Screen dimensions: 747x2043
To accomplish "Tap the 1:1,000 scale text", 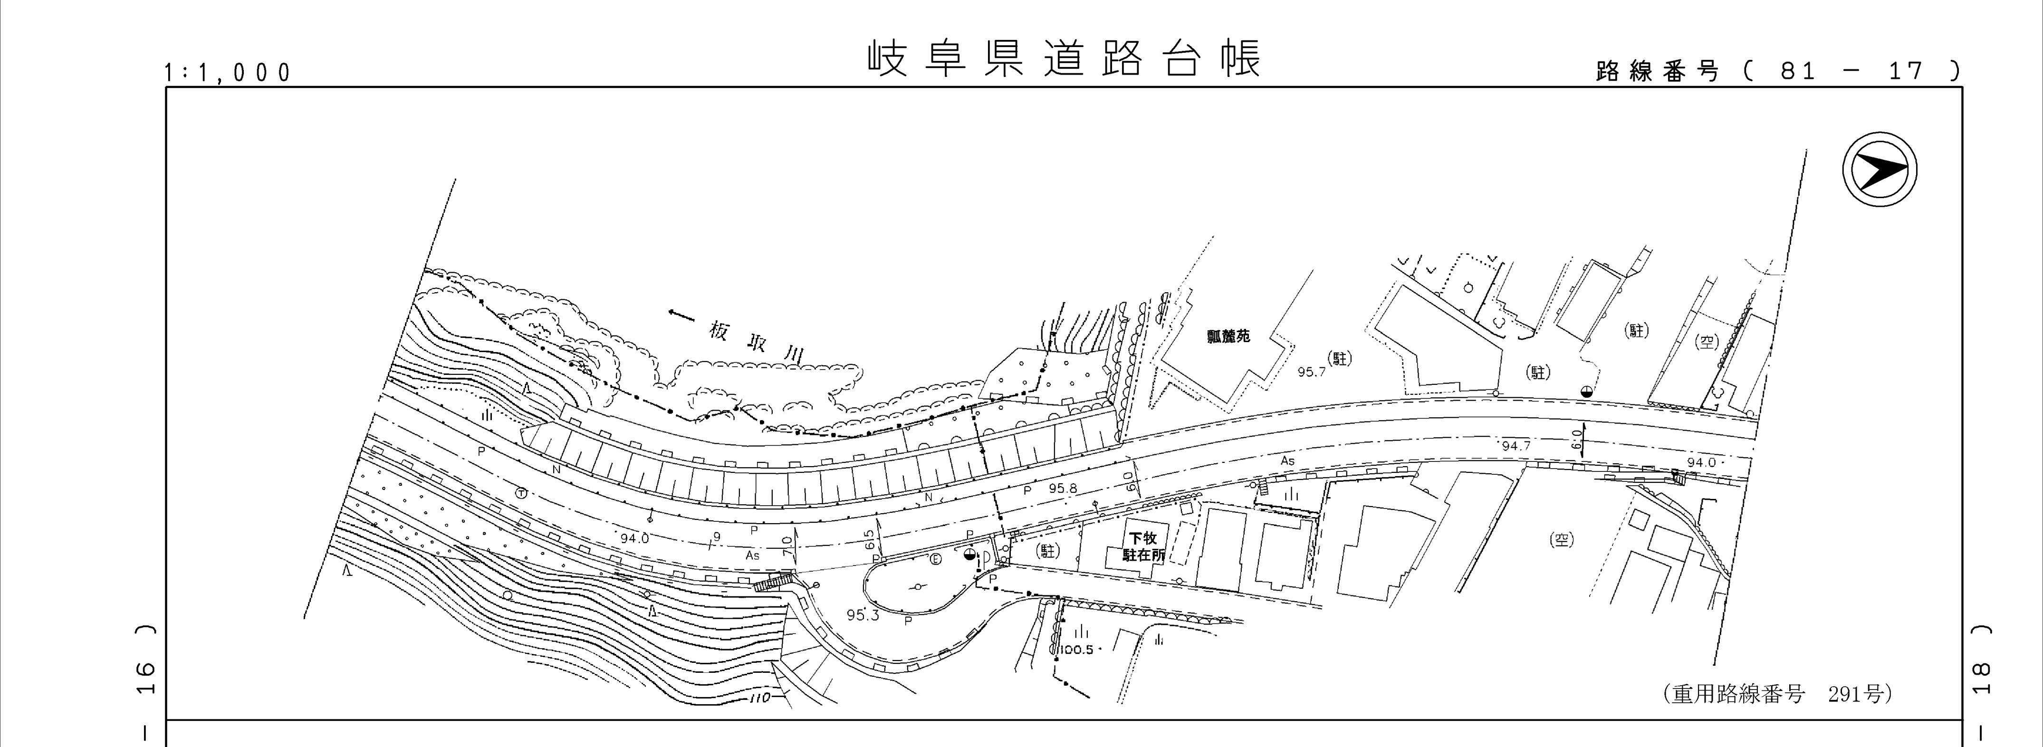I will click(x=228, y=73).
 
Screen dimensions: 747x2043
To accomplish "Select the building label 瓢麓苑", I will click(x=1228, y=336).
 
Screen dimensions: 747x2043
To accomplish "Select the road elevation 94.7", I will click(x=1515, y=447).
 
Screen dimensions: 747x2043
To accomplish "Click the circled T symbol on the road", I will click(x=520, y=492).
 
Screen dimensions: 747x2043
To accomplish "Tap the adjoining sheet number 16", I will click(x=144, y=680).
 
